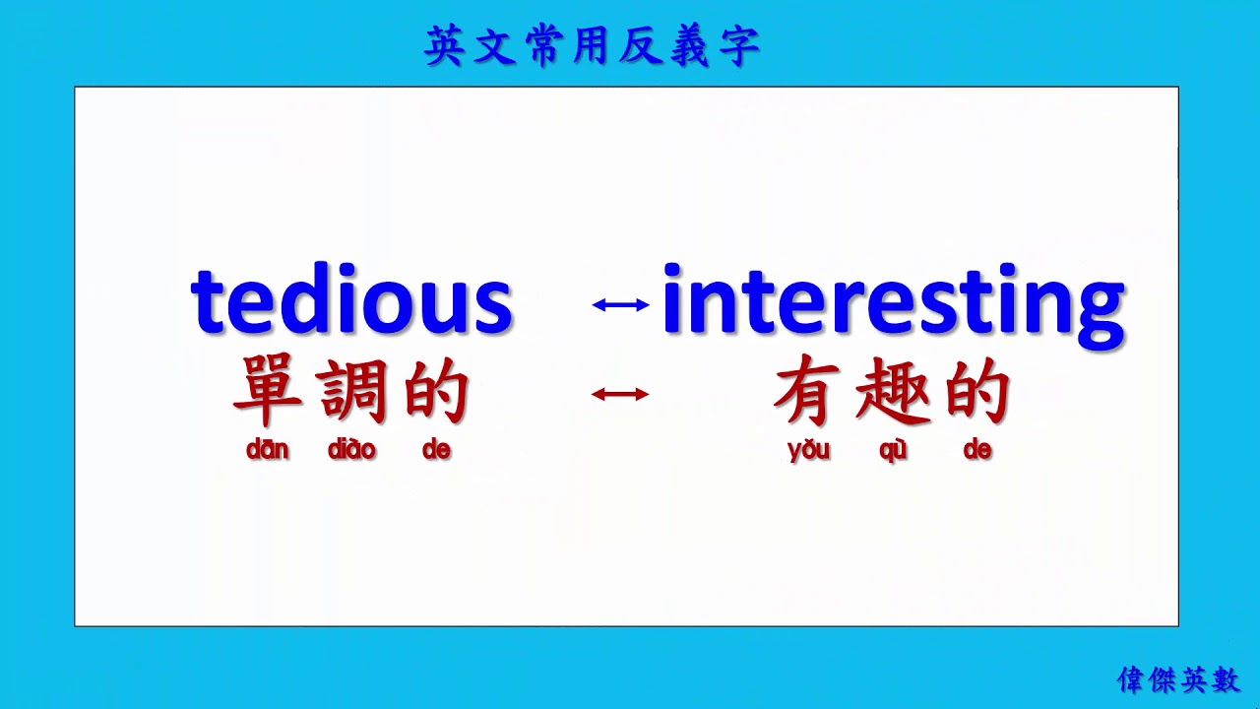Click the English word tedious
(x=351, y=299)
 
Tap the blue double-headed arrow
(x=620, y=305)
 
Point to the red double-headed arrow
(x=620, y=395)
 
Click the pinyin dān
(x=268, y=450)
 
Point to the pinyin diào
(x=351, y=450)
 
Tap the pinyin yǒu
(x=809, y=451)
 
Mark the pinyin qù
(x=893, y=451)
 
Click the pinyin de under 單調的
(x=436, y=450)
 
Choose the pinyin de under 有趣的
(x=977, y=450)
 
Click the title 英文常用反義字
(x=593, y=47)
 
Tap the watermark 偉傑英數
(x=1178, y=678)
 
